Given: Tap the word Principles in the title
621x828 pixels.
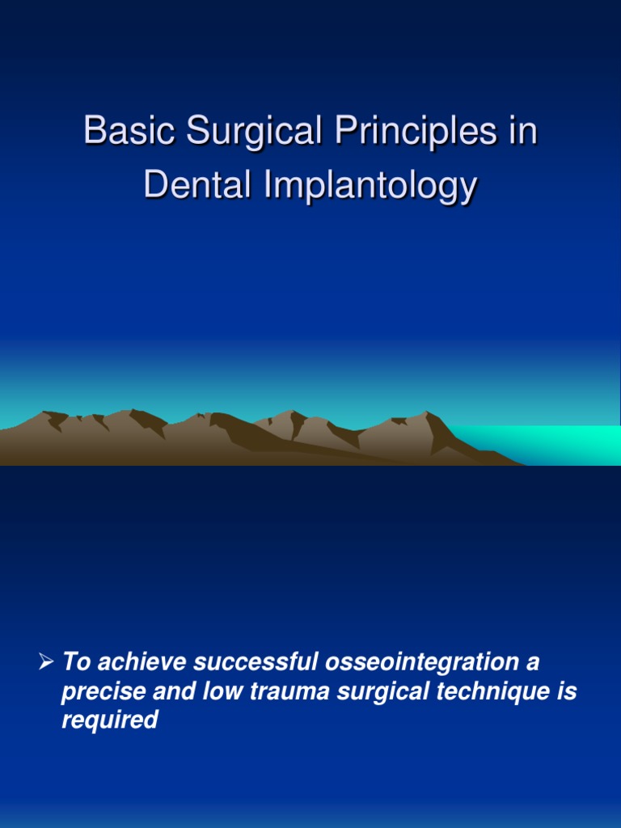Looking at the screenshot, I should (x=418, y=132).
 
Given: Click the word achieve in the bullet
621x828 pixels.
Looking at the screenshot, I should (x=133, y=663).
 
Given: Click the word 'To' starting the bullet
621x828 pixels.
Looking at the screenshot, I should (x=74, y=663).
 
